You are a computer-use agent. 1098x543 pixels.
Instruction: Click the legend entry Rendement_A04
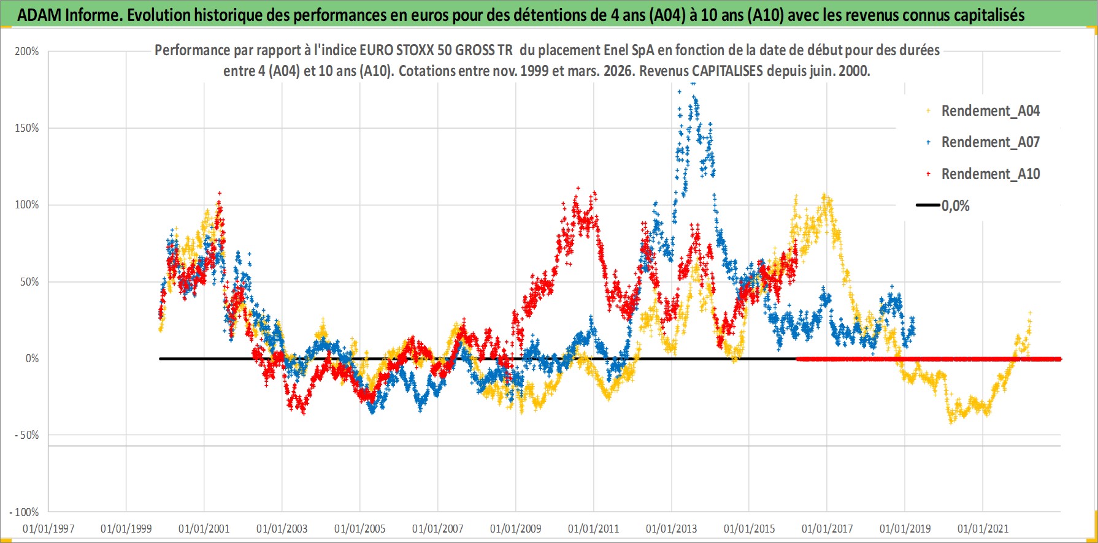tap(990, 111)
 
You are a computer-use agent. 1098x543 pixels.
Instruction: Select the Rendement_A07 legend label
tap(990, 142)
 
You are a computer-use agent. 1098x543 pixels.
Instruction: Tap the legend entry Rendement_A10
tap(990, 174)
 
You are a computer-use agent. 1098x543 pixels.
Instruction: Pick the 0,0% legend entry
tap(955, 206)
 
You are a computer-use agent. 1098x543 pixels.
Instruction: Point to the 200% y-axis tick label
tap(27, 51)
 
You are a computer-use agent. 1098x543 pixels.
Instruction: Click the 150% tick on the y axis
tap(27, 128)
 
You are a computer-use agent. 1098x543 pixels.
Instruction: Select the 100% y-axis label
tap(27, 205)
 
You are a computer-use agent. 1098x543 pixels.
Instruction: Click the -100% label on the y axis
tap(25, 512)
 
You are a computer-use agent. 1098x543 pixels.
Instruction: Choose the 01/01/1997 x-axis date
tap(48, 528)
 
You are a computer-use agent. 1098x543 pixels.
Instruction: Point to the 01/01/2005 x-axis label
tap(360, 528)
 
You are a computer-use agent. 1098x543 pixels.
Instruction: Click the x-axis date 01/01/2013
tap(672, 528)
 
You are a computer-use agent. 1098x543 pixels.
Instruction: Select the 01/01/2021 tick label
tap(983, 528)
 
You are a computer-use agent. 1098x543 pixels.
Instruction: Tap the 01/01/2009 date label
tap(516, 528)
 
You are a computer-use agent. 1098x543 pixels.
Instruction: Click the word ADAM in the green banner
tap(39, 15)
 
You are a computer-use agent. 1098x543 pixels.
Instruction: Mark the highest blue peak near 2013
tap(693, 83)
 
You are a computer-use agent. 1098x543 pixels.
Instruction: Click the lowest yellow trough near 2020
tap(951, 422)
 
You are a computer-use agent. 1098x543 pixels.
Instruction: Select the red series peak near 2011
tap(577, 188)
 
